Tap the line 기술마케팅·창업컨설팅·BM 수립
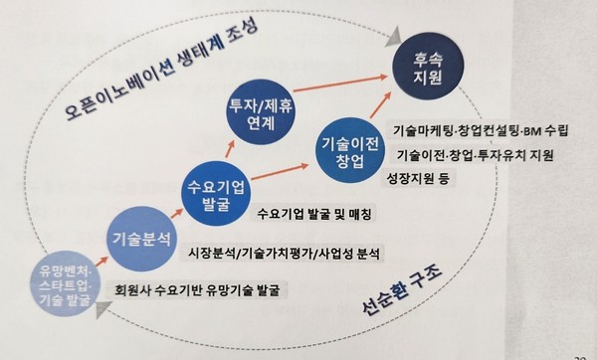475,130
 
